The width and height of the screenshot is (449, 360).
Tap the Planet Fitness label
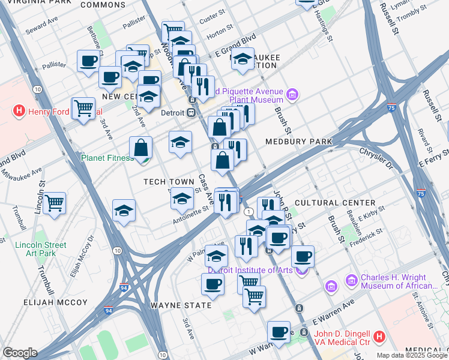[107, 158]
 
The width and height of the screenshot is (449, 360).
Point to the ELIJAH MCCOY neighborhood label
[56, 302]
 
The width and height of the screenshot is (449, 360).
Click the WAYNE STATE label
[181, 305]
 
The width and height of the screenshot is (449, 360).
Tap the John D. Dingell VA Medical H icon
[379, 337]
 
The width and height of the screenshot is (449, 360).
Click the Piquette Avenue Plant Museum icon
[292, 95]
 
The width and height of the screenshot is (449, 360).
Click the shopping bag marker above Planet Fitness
[140, 148]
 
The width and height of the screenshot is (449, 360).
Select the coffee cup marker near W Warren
[279, 332]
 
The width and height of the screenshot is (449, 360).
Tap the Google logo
[20, 353]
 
